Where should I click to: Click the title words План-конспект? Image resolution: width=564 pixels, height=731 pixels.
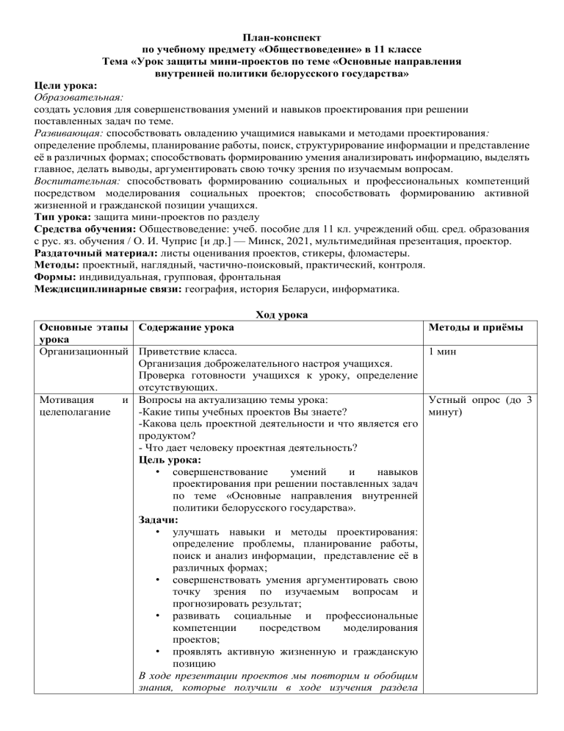[281, 35]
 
